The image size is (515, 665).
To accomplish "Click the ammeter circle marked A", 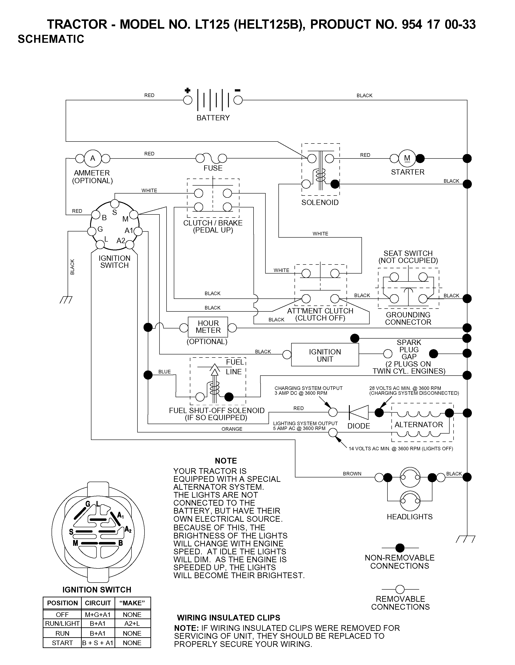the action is pyautogui.click(x=93, y=158).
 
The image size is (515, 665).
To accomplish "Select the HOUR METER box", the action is pyautogui.click(x=208, y=327).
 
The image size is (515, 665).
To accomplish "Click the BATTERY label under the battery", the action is pyautogui.click(x=213, y=118).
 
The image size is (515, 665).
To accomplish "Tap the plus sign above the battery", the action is pyautogui.click(x=187, y=90).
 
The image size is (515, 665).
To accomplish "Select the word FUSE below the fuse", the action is pyautogui.click(x=213, y=168).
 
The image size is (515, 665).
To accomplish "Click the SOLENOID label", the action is pyautogui.click(x=320, y=203).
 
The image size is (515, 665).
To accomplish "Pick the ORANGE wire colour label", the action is pyautogui.click(x=232, y=429).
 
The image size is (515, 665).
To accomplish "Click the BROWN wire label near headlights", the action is pyautogui.click(x=352, y=474).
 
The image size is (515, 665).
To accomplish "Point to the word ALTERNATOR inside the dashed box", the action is pyautogui.click(x=419, y=425).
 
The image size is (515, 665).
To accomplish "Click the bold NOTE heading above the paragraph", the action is pyautogui.click(x=226, y=461).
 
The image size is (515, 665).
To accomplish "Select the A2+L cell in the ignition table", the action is pyautogui.click(x=132, y=623).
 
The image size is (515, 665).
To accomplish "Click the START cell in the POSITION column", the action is pyautogui.click(x=62, y=643).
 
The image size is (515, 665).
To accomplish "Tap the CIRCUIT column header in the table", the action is pyautogui.click(x=98, y=603).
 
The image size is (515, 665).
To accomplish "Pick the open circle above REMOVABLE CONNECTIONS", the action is pyautogui.click(x=400, y=589).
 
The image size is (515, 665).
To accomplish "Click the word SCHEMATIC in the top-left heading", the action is pyautogui.click(x=51, y=39).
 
